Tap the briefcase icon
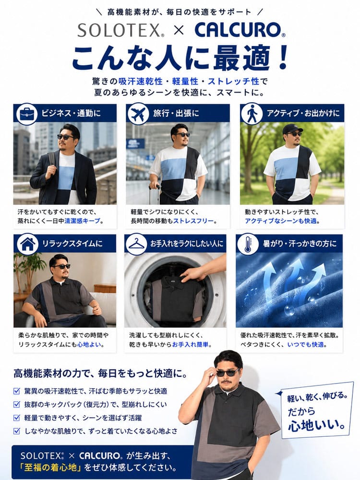[26, 114]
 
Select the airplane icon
[137, 114]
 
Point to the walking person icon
[252, 114]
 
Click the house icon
[27, 244]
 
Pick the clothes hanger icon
[136, 244]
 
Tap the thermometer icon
[248, 244]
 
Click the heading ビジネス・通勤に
[71, 113]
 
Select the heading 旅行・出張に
[176, 113]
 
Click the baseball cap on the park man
[292, 128]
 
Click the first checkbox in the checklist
[17, 391]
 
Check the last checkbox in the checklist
[17, 431]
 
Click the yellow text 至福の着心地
[49, 468]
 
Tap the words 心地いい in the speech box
[316, 426]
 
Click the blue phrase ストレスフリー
[193, 221]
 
